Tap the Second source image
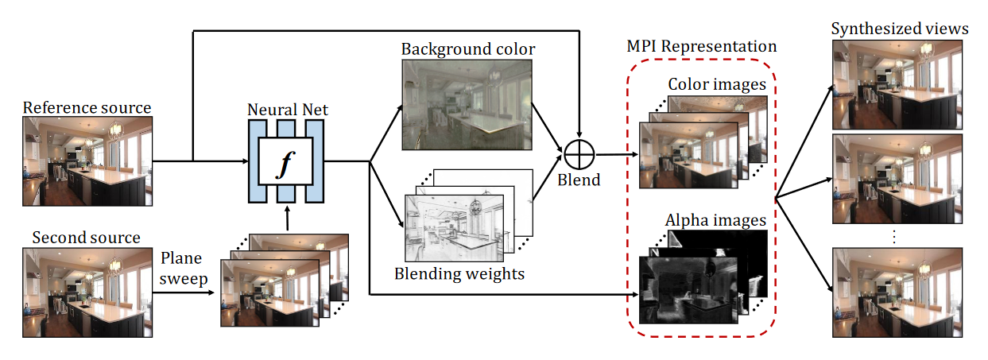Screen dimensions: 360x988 click(87, 292)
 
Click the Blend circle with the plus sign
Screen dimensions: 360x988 click(580, 152)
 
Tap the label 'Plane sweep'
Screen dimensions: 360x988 click(183, 269)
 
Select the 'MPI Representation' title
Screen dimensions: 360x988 click(701, 46)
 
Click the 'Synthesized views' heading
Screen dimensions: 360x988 click(900, 29)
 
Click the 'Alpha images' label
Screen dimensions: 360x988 click(717, 220)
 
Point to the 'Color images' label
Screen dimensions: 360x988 click(717, 84)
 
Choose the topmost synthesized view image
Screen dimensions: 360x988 click(900, 85)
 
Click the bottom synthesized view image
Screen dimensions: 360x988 click(900, 292)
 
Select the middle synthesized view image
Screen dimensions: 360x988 click(900, 180)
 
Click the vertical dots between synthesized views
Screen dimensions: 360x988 click(893, 236)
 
